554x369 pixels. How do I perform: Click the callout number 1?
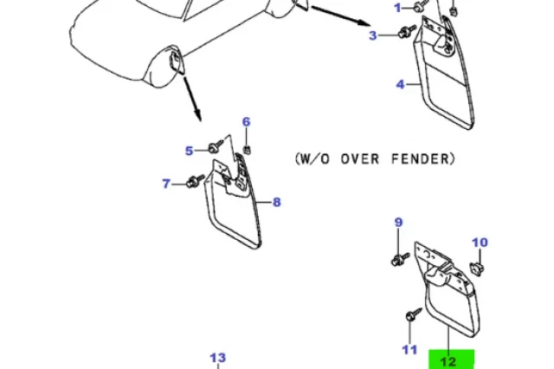coord(398,8)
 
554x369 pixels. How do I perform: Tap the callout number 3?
coord(373,36)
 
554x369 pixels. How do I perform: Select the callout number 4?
coord(401,85)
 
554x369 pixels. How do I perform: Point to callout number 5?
coord(189,151)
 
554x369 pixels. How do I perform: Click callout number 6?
coord(246,122)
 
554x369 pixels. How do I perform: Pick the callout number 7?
coord(167,183)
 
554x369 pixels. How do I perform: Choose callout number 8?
coord(277,203)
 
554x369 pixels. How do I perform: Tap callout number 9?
coord(399,223)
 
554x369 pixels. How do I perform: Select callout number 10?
coord(480,243)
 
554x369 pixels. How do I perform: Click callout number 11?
coord(409,349)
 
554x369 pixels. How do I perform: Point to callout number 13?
coord(218,358)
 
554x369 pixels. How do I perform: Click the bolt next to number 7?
coord(193,181)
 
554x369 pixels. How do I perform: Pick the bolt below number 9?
coord(400,257)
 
